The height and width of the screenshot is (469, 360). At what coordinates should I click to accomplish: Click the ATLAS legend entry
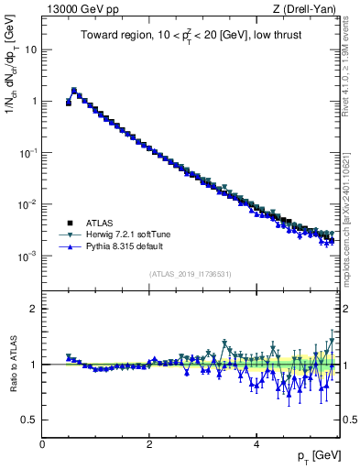[x=101, y=223]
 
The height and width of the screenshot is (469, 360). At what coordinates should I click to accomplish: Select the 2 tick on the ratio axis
[x=33, y=309]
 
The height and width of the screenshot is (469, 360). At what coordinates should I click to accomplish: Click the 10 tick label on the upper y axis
[x=30, y=49]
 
